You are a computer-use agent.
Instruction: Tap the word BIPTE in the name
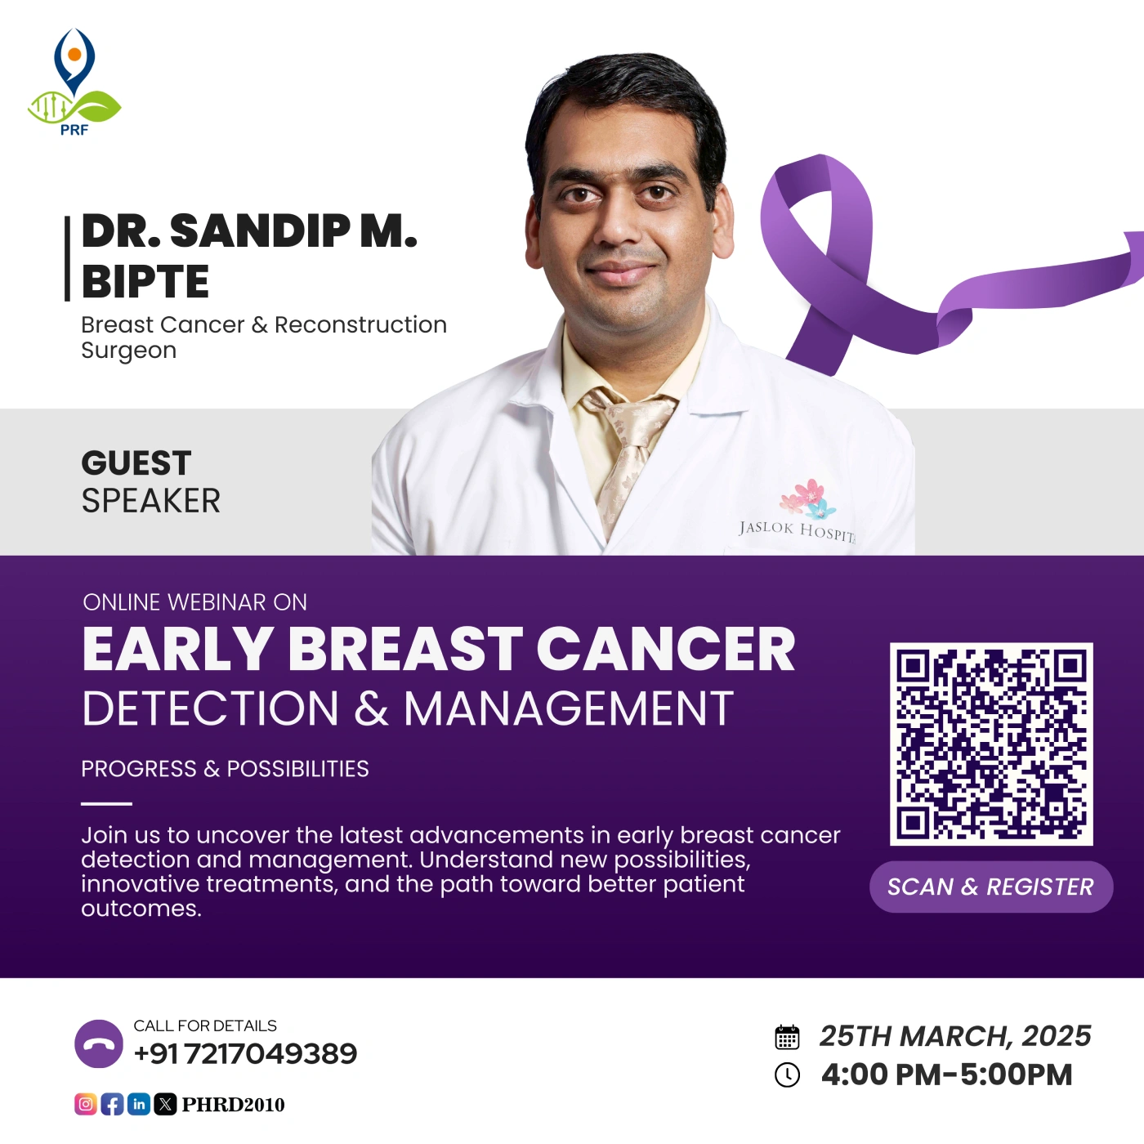(x=145, y=281)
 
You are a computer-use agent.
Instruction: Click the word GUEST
(x=136, y=463)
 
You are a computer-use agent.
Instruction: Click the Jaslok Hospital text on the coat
(x=797, y=531)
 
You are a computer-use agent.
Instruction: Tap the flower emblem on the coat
(x=807, y=498)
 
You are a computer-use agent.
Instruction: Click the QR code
(x=991, y=744)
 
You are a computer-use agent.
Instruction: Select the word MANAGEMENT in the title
(x=569, y=708)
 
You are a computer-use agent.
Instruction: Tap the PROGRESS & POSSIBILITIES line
(x=225, y=769)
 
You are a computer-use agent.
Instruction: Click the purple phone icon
(x=99, y=1043)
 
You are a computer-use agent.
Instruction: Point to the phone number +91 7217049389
(x=245, y=1054)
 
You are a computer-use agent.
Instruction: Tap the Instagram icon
(x=86, y=1104)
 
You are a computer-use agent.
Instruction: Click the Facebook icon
(x=112, y=1104)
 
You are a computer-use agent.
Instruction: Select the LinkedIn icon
(x=139, y=1104)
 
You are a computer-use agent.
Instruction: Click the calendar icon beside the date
(x=787, y=1037)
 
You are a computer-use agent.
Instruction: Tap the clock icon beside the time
(x=787, y=1075)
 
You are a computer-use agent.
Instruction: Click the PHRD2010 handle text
(x=233, y=1104)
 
